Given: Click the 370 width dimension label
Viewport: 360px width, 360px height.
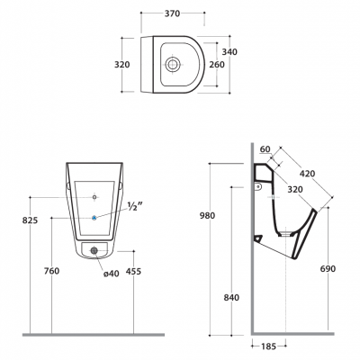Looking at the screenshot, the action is (173, 13).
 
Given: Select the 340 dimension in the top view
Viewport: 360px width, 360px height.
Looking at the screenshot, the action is (229, 52).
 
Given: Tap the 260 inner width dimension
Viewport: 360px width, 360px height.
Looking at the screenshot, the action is (217, 65).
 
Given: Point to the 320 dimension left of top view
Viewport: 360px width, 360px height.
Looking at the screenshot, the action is (122, 65).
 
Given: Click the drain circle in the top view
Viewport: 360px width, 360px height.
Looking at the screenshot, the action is (173, 64).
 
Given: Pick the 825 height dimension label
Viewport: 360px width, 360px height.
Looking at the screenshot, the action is (31, 220).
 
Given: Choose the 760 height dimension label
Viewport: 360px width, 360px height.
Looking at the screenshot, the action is (52, 271).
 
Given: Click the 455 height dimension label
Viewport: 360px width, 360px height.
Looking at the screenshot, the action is (133, 272).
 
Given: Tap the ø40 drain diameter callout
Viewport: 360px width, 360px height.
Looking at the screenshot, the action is (112, 274).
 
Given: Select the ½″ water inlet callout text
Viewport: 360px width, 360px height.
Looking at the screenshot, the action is (135, 206).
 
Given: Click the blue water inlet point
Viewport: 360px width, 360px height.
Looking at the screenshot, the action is (94, 218).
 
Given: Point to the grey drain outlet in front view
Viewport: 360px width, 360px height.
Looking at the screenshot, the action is (94, 251).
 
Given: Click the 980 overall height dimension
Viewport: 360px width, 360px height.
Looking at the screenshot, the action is (207, 216).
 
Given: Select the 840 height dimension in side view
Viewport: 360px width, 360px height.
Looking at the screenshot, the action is (231, 298).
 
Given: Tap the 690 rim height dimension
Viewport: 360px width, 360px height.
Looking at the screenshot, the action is (328, 269).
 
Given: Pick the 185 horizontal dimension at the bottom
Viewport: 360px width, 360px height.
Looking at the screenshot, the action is (268, 346).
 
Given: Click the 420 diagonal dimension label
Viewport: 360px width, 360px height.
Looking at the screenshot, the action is (307, 174).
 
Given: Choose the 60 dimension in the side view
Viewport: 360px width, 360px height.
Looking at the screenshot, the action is (265, 149).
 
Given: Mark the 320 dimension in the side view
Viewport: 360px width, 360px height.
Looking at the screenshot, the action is (295, 190).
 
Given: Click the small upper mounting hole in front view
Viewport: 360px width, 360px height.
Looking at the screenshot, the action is (94, 197).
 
